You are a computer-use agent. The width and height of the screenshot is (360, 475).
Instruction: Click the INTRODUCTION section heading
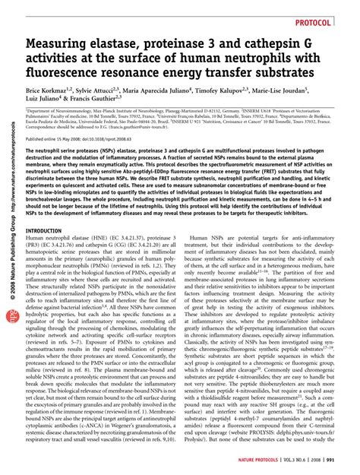(x=46, y=208)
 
